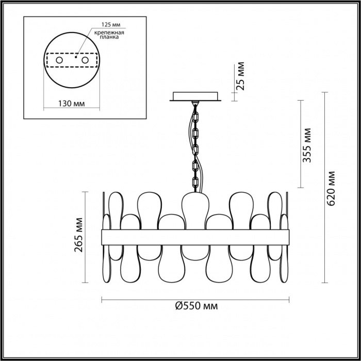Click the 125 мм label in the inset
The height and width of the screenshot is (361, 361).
pyautogui.click(x=111, y=25)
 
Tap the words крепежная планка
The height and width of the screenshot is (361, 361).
pyautogui.click(x=109, y=35)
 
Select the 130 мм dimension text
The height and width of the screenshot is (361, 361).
pyautogui.click(x=71, y=104)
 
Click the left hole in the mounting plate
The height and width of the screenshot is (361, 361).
pyautogui.click(x=59, y=60)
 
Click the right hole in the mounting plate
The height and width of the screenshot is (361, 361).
pyautogui.click(x=85, y=60)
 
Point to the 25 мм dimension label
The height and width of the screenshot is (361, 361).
pyautogui.click(x=241, y=76)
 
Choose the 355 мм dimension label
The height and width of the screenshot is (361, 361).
pyautogui.click(x=307, y=145)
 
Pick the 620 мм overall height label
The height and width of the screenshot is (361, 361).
pyautogui.click(x=331, y=189)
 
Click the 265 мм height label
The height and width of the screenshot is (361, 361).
pyautogui.click(x=78, y=235)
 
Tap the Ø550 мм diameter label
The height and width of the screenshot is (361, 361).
pyautogui.click(x=196, y=306)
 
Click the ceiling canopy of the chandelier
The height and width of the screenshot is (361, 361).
pyautogui.click(x=195, y=96)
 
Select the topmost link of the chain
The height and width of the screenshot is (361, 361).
pyautogui.click(x=196, y=117)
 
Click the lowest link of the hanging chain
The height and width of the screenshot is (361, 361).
pyautogui.click(x=195, y=183)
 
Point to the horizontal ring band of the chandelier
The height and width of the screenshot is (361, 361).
pyautogui.click(x=195, y=237)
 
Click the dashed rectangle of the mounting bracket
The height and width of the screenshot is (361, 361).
pyautogui.click(x=72, y=60)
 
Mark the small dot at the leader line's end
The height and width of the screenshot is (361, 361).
pyautogui.click(x=76, y=57)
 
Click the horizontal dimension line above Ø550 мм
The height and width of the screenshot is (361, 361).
pyautogui.click(x=195, y=300)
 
